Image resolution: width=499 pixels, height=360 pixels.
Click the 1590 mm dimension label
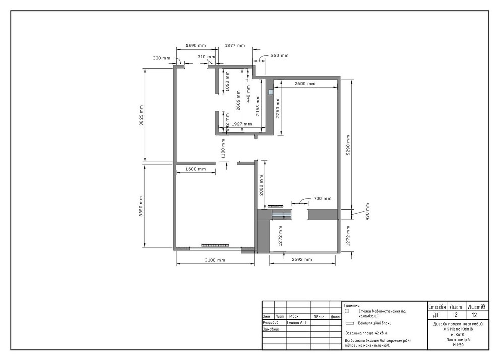coord(196,45)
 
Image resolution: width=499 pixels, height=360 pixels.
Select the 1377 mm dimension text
coord(234,45)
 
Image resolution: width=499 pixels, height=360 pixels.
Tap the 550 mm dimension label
coord(280,55)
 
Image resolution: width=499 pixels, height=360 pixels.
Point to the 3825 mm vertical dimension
coord(142,115)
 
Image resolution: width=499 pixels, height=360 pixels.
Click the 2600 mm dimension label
coord(305,83)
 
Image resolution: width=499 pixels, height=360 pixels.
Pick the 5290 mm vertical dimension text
coord(347,146)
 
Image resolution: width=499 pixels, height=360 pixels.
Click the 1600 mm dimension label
coord(195,169)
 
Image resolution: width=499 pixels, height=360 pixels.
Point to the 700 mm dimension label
coord(323,198)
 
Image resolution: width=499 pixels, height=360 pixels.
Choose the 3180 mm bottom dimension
coord(215,260)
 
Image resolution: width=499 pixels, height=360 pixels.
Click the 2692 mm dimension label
coord(302,260)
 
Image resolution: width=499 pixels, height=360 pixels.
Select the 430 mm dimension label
coord(367,211)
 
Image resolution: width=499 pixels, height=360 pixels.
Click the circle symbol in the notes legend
coord(348,312)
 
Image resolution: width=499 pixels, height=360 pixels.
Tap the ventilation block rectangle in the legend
coord(348,323)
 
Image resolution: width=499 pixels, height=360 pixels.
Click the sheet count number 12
coord(474,315)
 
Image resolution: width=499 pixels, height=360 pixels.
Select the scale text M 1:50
coord(458,345)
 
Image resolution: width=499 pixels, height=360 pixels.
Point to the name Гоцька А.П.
coord(297,322)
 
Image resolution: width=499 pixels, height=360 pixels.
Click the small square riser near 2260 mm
coord(271,92)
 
